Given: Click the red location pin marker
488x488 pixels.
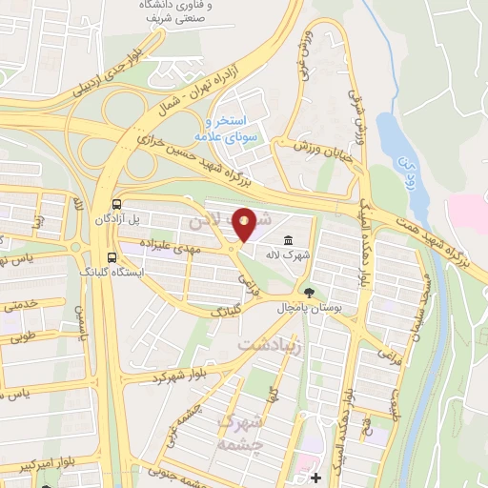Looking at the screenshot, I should (245, 225).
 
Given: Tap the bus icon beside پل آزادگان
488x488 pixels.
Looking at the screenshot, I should (116, 204).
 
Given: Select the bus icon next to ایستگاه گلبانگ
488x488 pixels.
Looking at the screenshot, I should (112, 257).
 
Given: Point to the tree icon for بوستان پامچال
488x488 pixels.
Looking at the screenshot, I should (308, 292).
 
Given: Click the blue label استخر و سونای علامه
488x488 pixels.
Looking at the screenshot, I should (229, 130).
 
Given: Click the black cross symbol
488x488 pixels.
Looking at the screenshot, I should (315, 477).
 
